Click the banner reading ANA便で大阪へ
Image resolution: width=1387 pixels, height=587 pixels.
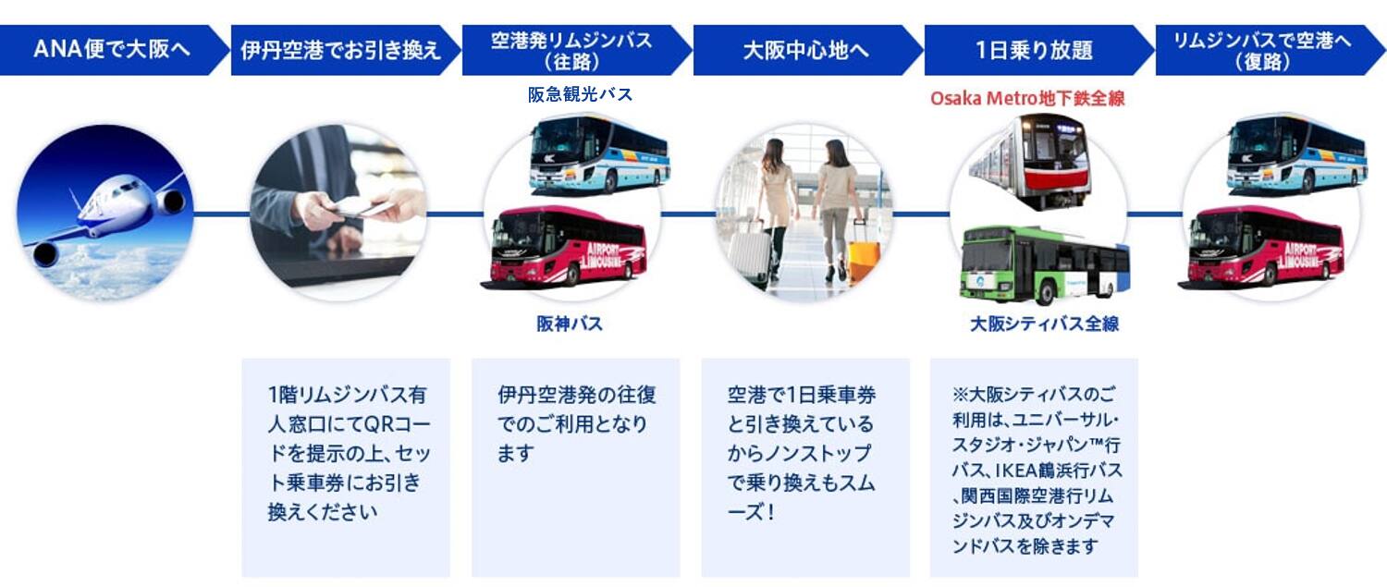point(111,49)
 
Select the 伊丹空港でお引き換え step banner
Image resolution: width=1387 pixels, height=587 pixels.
point(340,49)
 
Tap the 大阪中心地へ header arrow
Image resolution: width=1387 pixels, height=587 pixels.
point(805,49)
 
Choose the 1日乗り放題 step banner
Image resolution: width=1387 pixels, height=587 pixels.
point(1034,49)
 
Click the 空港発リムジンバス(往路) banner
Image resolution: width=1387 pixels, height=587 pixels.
point(571,49)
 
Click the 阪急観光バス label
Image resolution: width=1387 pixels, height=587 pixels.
point(580,94)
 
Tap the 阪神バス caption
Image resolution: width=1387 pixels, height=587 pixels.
point(570,324)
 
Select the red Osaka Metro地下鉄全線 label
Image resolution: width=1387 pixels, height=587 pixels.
point(1027,98)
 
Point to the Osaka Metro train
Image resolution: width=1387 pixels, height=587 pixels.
point(1032,159)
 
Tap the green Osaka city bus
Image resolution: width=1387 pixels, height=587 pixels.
point(1043,264)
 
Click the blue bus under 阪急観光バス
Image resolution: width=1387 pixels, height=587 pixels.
point(599,153)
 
